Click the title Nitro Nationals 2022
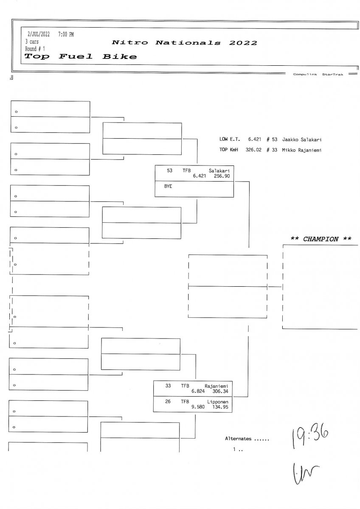[x=184, y=43]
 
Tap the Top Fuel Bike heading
[x=81, y=56]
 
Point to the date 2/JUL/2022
[x=38, y=34]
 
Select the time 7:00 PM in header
[x=66, y=34]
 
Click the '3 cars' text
[x=32, y=42]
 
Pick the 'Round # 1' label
[x=35, y=49]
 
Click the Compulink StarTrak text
[x=318, y=74]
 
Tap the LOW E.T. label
[x=230, y=139]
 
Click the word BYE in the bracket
[x=168, y=186]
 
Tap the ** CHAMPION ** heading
[x=321, y=239]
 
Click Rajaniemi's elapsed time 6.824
[x=199, y=391]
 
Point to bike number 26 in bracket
[x=168, y=401]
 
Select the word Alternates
[x=238, y=439]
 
